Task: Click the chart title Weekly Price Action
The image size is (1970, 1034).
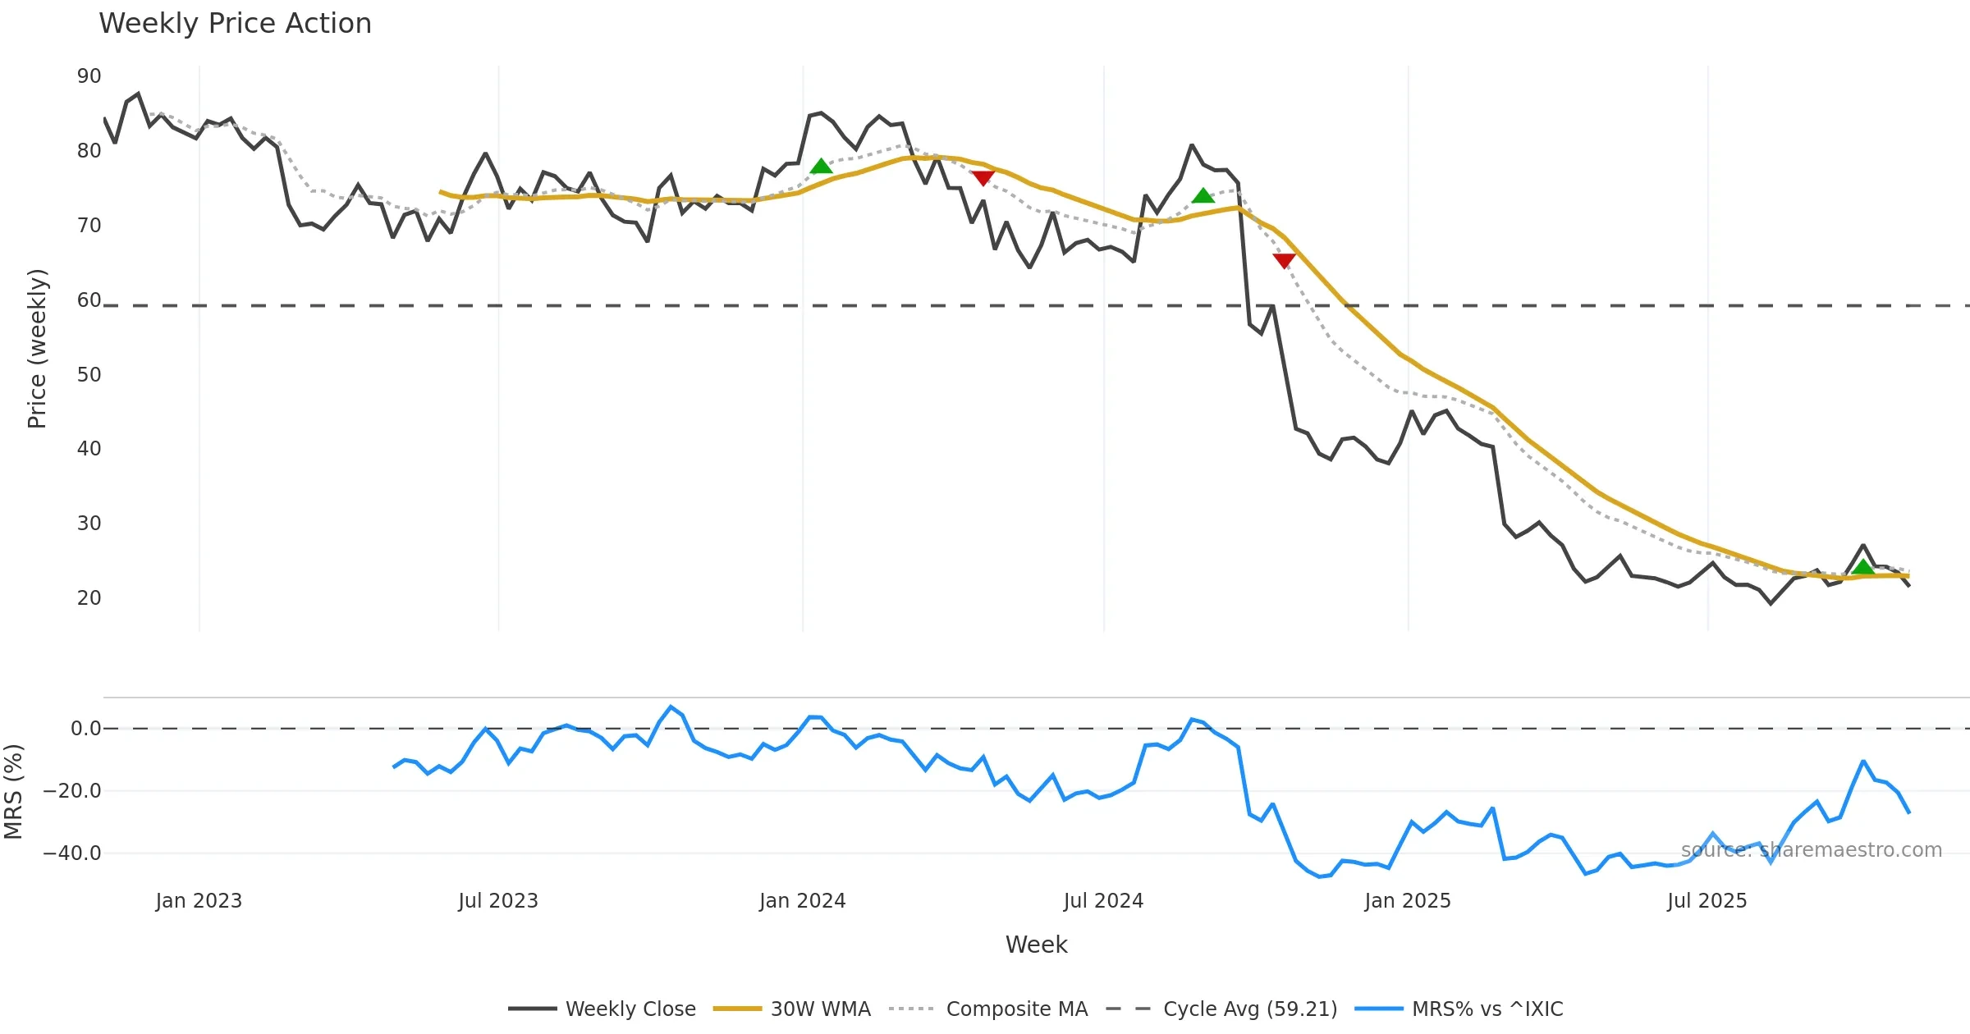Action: click(235, 24)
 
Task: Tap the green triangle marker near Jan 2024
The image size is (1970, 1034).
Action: click(821, 167)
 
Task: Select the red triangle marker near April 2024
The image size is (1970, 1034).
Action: click(983, 177)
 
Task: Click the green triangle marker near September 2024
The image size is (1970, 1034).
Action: click(1203, 196)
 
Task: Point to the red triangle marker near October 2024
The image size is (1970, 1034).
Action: click(1284, 261)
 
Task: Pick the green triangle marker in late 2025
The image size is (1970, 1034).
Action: click(1863, 567)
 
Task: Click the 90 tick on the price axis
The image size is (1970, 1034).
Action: click(89, 76)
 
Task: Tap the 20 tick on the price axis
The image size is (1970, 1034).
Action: click(89, 598)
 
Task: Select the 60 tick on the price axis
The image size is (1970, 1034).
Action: click(89, 300)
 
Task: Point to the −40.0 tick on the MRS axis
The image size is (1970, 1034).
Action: click(72, 853)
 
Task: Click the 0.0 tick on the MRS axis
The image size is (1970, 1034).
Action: click(85, 729)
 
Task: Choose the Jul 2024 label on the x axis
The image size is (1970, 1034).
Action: click(1103, 901)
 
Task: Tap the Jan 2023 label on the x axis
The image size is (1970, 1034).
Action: click(199, 901)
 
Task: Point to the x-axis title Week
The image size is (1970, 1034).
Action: click(1036, 945)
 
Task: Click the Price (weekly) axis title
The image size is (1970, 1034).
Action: click(37, 349)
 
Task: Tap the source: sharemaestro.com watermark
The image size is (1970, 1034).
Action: click(1811, 850)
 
